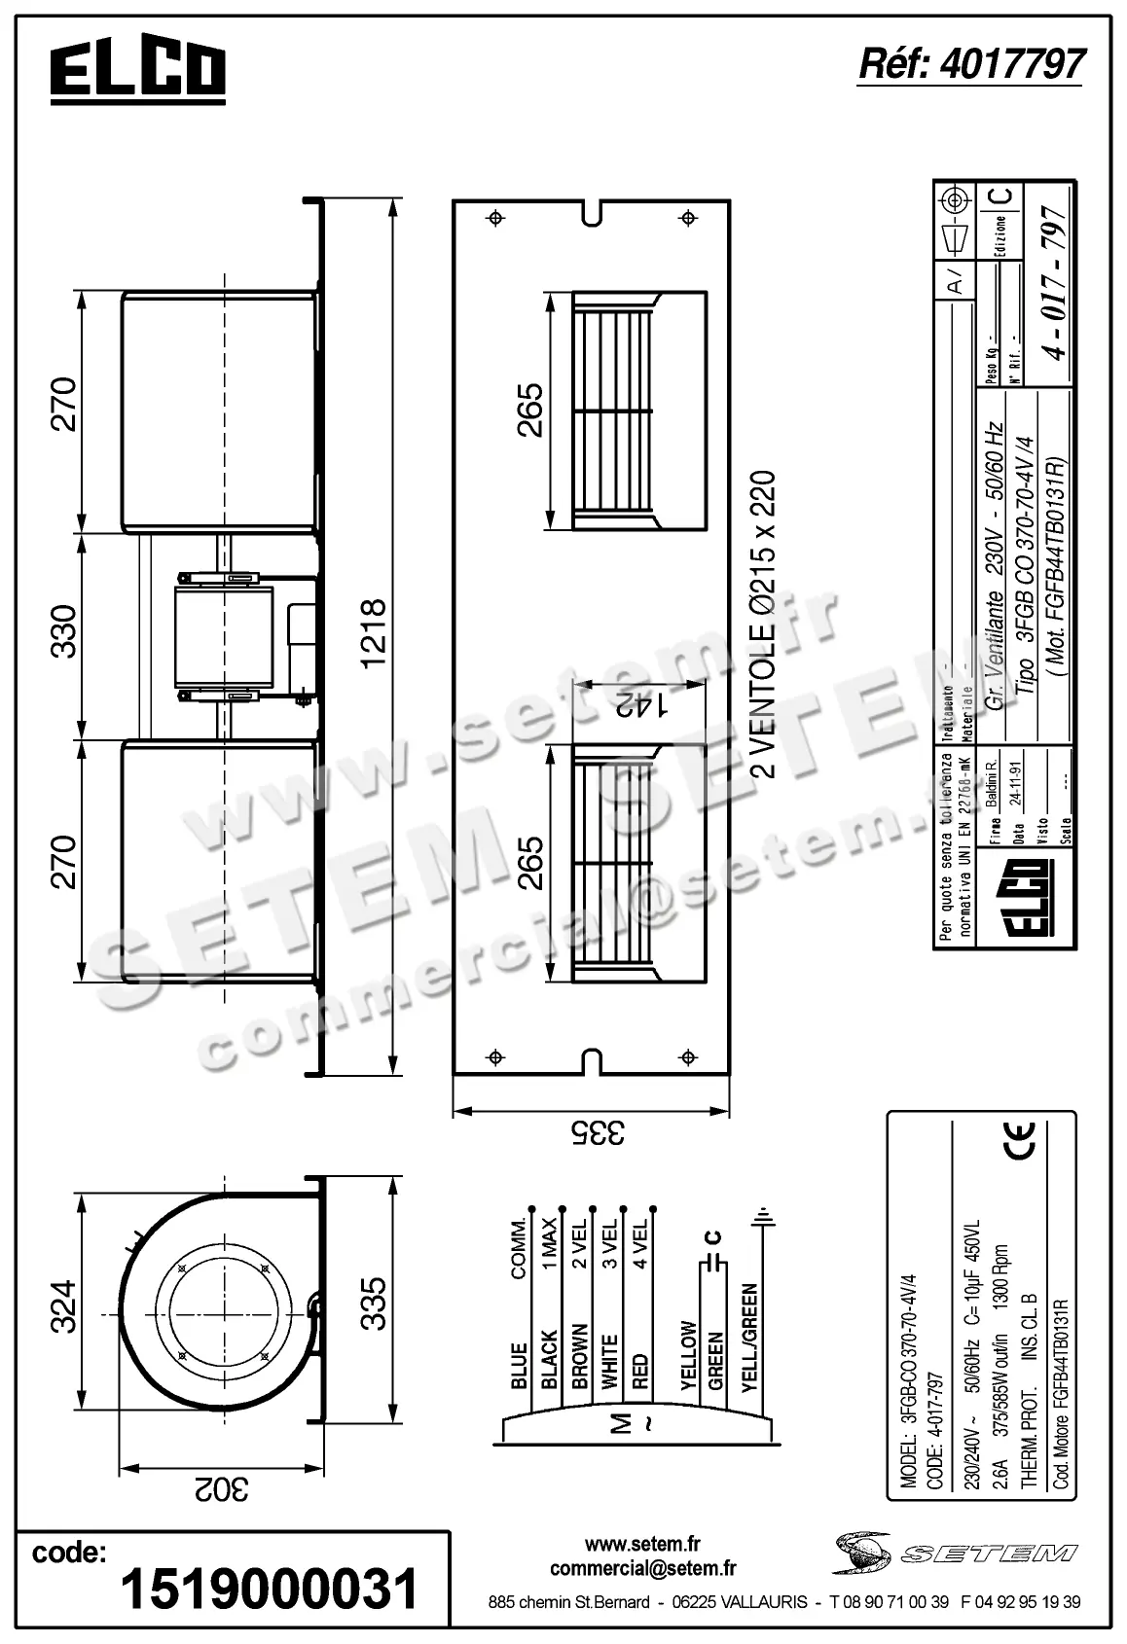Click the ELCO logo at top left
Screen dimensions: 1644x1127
point(137,72)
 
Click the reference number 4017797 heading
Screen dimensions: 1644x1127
point(970,63)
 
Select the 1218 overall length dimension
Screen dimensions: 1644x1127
point(373,634)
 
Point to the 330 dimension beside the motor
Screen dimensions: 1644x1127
point(63,632)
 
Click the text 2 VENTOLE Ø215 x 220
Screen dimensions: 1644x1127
point(765,625)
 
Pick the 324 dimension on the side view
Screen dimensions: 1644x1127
point(63,1307)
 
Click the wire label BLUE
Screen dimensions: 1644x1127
point(519,1366)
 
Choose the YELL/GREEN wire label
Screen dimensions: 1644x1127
point(749,1338)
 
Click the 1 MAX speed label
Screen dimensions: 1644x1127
point(550,1244)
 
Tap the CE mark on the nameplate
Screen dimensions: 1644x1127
point(1020,1141)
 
